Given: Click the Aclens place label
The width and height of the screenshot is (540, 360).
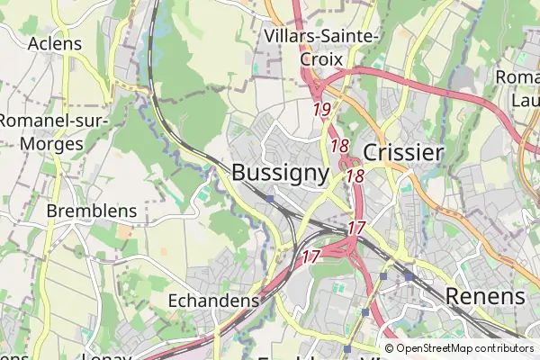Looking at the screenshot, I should (x=55, y=43).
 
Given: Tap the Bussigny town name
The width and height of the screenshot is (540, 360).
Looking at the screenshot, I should (x=280, y=173).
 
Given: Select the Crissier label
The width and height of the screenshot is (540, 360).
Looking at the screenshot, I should (x=403, y=152).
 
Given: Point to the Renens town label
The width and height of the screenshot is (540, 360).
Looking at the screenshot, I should (x=484, y=296).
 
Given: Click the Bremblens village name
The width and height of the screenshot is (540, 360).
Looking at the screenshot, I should (x=93, y=211).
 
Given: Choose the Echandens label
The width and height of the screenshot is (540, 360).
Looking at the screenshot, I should (x=214, y=300).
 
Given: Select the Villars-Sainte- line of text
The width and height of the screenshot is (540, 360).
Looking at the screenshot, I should (x=323, y=35).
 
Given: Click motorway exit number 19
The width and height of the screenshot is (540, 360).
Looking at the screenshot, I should (x=323, y=110).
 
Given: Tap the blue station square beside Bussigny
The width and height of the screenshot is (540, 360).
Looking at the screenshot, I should (x=270, y=198).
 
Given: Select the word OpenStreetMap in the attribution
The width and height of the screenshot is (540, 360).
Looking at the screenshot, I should (x=438, y=348).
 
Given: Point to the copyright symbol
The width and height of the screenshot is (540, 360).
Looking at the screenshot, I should (x=390, y=348).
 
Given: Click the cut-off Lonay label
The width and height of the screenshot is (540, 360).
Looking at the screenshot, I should (x=107, y=356).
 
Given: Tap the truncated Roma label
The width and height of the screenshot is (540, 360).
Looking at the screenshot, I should (x=517, y=77).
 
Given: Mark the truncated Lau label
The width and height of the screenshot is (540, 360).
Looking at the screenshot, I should (x=524, y=100).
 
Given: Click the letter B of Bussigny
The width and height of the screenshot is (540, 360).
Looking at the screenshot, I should (x=240, y=172).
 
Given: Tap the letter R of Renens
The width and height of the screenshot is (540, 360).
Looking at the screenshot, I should (x=454, y=296).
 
